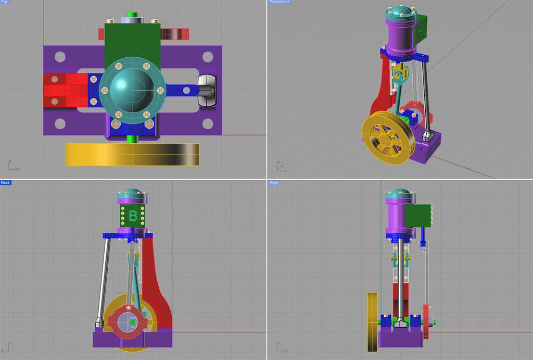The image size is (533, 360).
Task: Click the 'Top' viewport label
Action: pyautogui.click(x=5, y=2)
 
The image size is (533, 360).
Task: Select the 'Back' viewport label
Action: pyautogui.click(x=6, y=182)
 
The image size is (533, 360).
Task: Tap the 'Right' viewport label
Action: pyautogui.click(x=274, y=182)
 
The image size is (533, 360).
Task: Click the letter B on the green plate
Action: pyautogui.click(x=133, y=215)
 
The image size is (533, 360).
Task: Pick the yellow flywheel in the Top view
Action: pyautogui.click(x=132, y=154)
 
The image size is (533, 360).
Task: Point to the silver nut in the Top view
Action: pyautogui.click(x=207, y=90)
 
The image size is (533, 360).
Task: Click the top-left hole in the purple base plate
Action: pyautogui.click(x=60, y=57)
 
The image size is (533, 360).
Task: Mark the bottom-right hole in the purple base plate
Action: pyautogui.click(x=208, y=123)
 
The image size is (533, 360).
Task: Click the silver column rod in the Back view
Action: pyautogui.click(x=104, y=281)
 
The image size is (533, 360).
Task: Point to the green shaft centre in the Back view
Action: pyautogui.click(x=133, y=322)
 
